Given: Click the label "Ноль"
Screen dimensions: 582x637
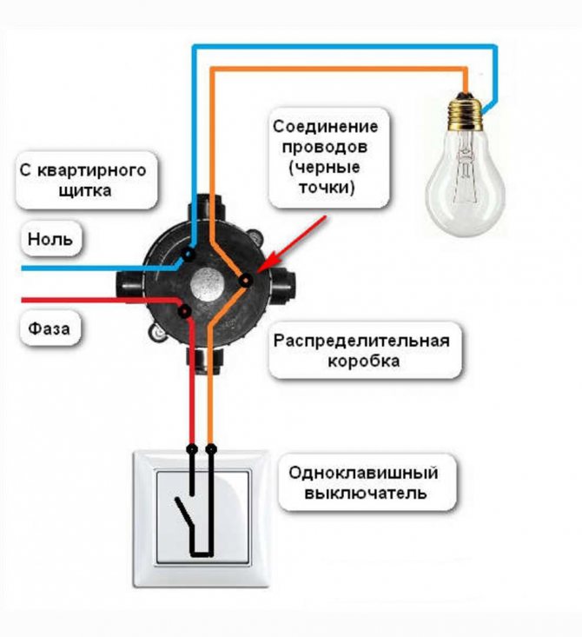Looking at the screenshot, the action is tap(50, 239).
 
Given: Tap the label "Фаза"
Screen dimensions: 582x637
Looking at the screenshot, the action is tap(50, 328).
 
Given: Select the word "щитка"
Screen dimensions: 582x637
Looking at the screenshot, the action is tap(85, 190).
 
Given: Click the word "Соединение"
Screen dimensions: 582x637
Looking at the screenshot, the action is tap(326, 126).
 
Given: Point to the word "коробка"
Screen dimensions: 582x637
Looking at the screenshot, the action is tap(363, 362).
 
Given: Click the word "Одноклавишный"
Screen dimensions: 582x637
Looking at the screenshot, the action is tap(363, 473).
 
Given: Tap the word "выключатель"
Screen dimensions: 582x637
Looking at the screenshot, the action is tap(366, 494).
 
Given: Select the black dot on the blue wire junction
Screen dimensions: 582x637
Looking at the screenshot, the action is tap(188, 255).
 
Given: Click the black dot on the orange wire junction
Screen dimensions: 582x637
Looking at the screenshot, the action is tap(246, 281).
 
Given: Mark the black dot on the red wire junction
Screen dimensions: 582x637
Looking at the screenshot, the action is tap(185, 312).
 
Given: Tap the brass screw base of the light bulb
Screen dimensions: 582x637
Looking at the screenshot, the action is tap(466, 112).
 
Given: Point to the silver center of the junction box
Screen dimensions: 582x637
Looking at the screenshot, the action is tap(207, 283).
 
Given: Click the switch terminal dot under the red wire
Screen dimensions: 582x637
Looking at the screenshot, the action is tap(192, 449).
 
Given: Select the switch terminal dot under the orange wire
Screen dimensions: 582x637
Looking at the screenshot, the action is tap(210, 449).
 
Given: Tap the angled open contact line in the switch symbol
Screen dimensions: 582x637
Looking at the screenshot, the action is tap(185, 512).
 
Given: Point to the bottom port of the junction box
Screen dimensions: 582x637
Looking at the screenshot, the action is tap(205, 361).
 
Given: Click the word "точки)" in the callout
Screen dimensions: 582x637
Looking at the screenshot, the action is tap(327, 188).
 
